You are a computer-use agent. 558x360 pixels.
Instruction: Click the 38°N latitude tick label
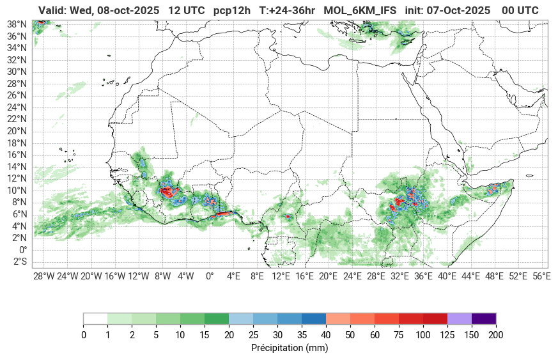pos(17,24)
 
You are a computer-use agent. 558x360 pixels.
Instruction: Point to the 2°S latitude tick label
pos(19,262)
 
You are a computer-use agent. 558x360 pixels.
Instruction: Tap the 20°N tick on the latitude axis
pos(17,130)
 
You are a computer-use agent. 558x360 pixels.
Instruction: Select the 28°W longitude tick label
pos(43,276)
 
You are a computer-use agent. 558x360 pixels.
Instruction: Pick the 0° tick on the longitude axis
pos(209,276)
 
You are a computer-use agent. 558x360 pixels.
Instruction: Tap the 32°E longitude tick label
pos(399,276)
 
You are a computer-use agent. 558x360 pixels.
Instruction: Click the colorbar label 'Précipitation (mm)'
pos(290,348)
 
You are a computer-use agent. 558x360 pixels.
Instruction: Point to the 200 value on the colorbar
pos(496,335)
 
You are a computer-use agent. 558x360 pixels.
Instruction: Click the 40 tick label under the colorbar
pos(326,335)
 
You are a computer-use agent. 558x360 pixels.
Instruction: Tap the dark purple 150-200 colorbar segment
pos(484,318)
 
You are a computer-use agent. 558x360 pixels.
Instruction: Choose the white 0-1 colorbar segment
pos(95,318)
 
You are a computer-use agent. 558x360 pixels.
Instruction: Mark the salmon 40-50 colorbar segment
pos(338,318)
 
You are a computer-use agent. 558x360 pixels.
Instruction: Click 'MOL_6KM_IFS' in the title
pos(360,11)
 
